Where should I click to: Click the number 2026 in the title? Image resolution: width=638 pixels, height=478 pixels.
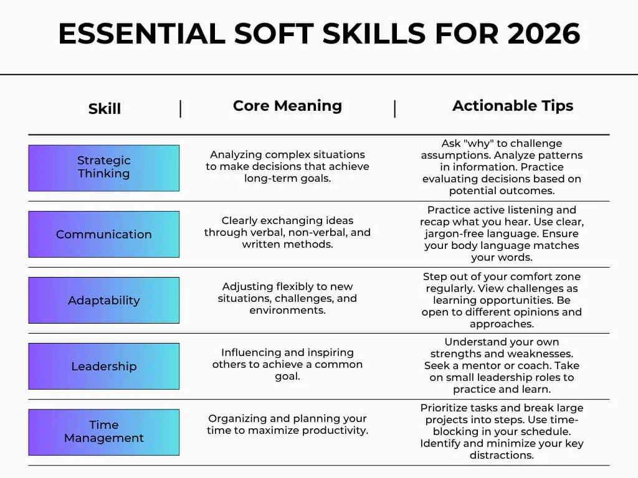(x=543, y=34)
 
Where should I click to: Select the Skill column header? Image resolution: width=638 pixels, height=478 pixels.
(x=104, y=108)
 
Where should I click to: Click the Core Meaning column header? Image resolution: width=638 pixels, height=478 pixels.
(x=287, y=106)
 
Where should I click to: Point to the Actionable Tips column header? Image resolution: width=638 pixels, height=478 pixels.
(x=513, y=106)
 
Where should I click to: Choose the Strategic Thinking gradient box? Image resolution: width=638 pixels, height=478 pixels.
(x=104, y=168)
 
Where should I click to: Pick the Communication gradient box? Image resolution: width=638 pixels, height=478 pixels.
(x=104, y=234)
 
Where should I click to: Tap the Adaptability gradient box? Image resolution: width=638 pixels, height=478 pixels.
(x=104, y=300)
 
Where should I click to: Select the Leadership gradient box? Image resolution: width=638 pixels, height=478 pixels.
(x=104, y=366)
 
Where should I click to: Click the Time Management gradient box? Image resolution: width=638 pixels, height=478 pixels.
(x=104, y=432)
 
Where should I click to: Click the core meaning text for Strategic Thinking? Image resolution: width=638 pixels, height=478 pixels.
(x=287, y=166)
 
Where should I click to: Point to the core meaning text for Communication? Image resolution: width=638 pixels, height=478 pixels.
(x=287, y=232)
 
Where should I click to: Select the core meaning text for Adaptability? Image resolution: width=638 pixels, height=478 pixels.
(x=287, y=298)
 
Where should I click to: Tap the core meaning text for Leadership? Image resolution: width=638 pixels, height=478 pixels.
(x=287, y=364)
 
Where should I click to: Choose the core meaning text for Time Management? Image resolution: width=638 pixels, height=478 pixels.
(x=287, y=424)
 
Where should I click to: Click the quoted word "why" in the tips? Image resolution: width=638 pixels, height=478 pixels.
(x=477, y=143)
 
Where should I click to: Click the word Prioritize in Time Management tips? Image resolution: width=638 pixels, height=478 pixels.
(x=447, y=408)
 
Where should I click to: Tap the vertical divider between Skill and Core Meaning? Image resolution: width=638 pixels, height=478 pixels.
(x=181, y=108)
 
